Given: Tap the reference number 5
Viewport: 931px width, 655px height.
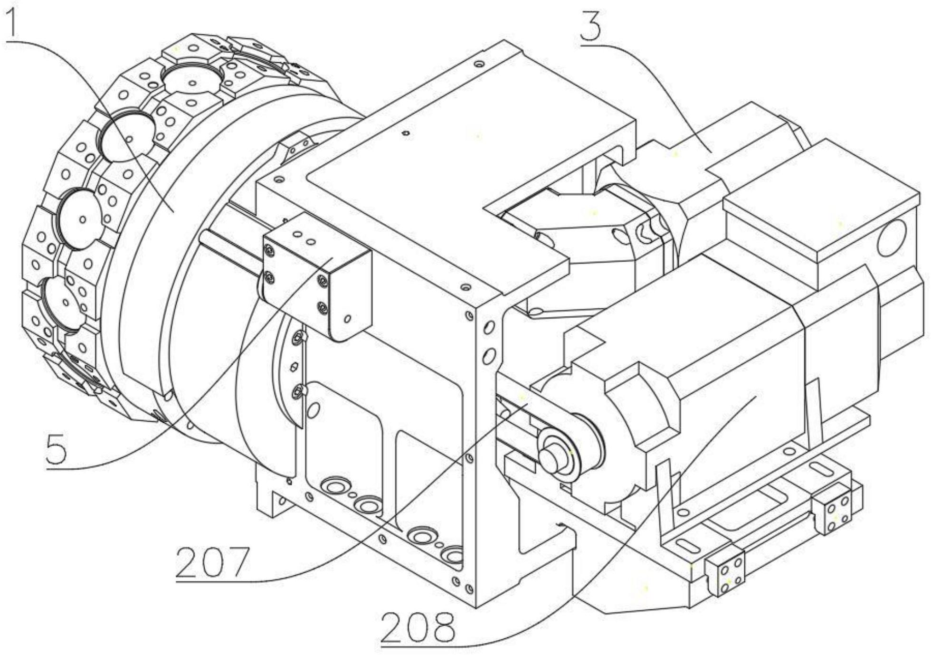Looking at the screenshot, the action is [x=57, y=448].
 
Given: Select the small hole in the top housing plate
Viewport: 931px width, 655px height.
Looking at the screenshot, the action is [x=405, y=133].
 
